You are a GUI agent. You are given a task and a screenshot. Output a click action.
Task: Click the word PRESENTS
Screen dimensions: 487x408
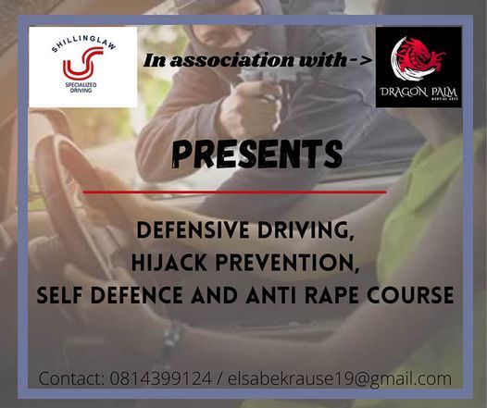[x=256, y=155]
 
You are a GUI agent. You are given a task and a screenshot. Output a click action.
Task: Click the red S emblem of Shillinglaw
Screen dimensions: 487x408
[x=83, y=63]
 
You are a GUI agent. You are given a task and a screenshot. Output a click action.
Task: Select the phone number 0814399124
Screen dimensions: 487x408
[x=161, y=378]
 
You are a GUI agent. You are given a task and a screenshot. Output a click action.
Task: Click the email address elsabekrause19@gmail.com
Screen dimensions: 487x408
[x=340, y=378]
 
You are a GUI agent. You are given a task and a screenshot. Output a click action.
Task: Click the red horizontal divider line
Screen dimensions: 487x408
[x=235, y=192]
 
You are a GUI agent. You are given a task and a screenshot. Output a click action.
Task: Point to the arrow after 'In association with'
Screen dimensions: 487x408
[x=361, y=60]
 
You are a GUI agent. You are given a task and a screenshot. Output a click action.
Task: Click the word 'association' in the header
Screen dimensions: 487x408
[x=231, y=60]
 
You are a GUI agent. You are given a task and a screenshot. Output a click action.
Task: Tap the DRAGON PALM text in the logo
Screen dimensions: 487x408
[x=418, y=93]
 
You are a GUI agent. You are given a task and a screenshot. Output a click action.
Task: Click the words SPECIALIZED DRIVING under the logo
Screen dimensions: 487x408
[x=81, y=88]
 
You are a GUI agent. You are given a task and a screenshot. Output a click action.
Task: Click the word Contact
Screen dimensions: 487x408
[x=71, y=378]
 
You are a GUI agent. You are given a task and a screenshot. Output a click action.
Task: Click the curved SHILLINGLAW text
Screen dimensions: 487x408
[x=83, y=42]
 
